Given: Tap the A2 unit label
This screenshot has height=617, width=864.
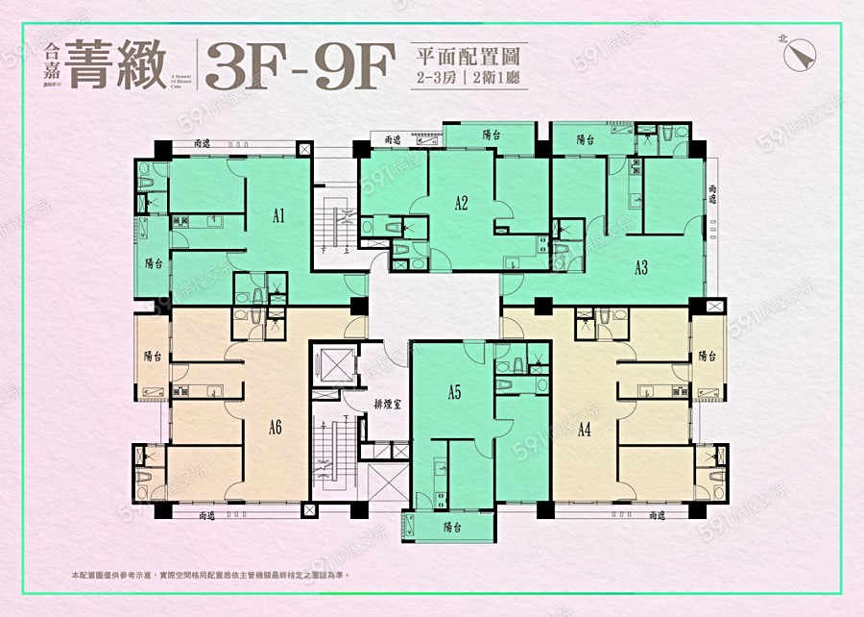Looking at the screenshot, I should click(461, 203).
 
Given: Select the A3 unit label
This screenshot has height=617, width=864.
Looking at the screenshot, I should click(640, 268).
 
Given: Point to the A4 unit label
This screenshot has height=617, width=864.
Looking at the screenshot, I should click(583, 430).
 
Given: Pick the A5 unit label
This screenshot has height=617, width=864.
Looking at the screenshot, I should click(454, 392).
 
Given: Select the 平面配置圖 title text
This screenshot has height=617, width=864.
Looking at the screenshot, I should click(468, 53).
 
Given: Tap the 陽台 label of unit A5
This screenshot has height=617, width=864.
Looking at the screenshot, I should click(453, 528).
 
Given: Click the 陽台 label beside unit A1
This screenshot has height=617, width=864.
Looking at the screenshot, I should click(153, 262).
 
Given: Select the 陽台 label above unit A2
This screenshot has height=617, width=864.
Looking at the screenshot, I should click(491, 136).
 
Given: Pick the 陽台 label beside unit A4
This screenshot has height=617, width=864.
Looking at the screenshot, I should click(708, 356).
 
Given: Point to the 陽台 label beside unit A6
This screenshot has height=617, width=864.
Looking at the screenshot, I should click(153, 356).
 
